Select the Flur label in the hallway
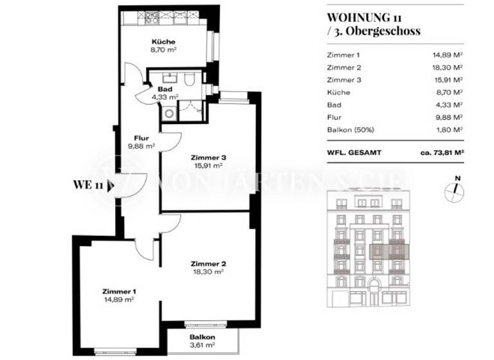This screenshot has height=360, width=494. pos(142,138)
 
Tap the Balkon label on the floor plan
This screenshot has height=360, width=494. pos(201,337)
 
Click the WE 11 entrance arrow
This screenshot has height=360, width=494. pos(112,186)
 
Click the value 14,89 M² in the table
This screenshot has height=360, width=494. pos(448,56)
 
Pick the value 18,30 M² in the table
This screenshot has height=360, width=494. pos(448,68)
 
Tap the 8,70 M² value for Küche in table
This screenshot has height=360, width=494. pos(450,93)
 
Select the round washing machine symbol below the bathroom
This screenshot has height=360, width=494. pos(169,113)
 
